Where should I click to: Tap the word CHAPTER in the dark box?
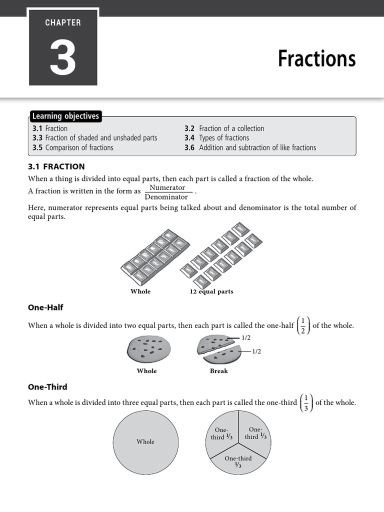tap(63, 22)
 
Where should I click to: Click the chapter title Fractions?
tap(316, 58)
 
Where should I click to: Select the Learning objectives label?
tap(65, 116)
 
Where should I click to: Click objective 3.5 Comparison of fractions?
tap(73, 147)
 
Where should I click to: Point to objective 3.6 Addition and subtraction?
tap(250, 147)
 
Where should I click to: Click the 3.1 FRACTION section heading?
tap(56, 166)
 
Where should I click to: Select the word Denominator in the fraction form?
tap(166, 197)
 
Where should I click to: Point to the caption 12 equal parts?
tap(211, 291)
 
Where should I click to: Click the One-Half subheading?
tap(45, 307)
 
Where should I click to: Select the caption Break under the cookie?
tap(218, 371)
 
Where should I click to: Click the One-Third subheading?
tap(47, 387)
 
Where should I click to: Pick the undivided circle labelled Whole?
tap(145, 442)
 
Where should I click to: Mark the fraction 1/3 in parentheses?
tap(306, 402)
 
